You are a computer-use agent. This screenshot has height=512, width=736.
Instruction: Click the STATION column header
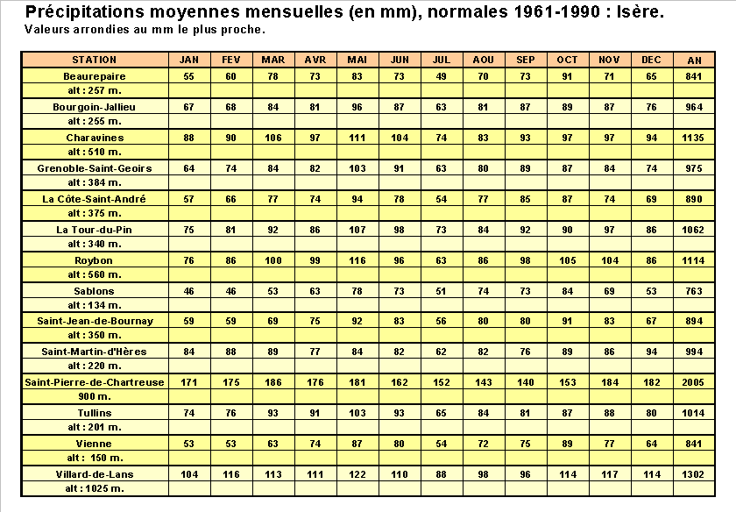pyautogui.click(x=94, y=60)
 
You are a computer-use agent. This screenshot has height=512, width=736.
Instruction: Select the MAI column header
pyautogui.click(x=357, y=60)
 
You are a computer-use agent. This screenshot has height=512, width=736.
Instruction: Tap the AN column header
pyautogui.click(x=694, y=60)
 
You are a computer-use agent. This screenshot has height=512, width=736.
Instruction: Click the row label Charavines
pyautogui.click(x=94, y=138)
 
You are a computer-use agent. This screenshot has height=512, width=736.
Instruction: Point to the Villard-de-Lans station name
pyautogui.click(x=94, y=473)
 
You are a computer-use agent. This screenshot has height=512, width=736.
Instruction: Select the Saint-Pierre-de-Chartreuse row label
pyautogui.click(x=94, y=382)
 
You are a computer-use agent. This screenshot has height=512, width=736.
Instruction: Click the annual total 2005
pyautogui.click(x=694, y=382)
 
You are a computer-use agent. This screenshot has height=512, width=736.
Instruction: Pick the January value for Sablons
pyautogui.click(x=188, y=290)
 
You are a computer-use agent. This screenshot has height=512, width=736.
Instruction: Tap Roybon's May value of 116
pyautogui.click(x=357, y=260)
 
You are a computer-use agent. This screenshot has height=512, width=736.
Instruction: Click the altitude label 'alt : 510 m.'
pyautogui.click(x=94, y=153)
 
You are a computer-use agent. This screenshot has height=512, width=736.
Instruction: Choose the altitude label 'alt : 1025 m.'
pyautogui.click(x=94, y=488)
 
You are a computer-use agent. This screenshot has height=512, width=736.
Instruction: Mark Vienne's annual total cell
pyautogui.click(x=694, y=444)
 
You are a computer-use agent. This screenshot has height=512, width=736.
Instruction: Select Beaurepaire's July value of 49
pyautogui.click(x=442, y=76)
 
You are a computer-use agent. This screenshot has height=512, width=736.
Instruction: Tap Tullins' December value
pyautogui.click(x=651, y=412)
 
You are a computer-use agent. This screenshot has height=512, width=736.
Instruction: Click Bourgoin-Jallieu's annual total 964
pyautogui.click(x=694, y=107)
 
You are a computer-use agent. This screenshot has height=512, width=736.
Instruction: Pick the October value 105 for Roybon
pyautogui.click(x=568, y=260)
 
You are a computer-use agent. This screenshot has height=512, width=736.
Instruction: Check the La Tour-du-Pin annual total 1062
pyautogui.click(x=694, y=230)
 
